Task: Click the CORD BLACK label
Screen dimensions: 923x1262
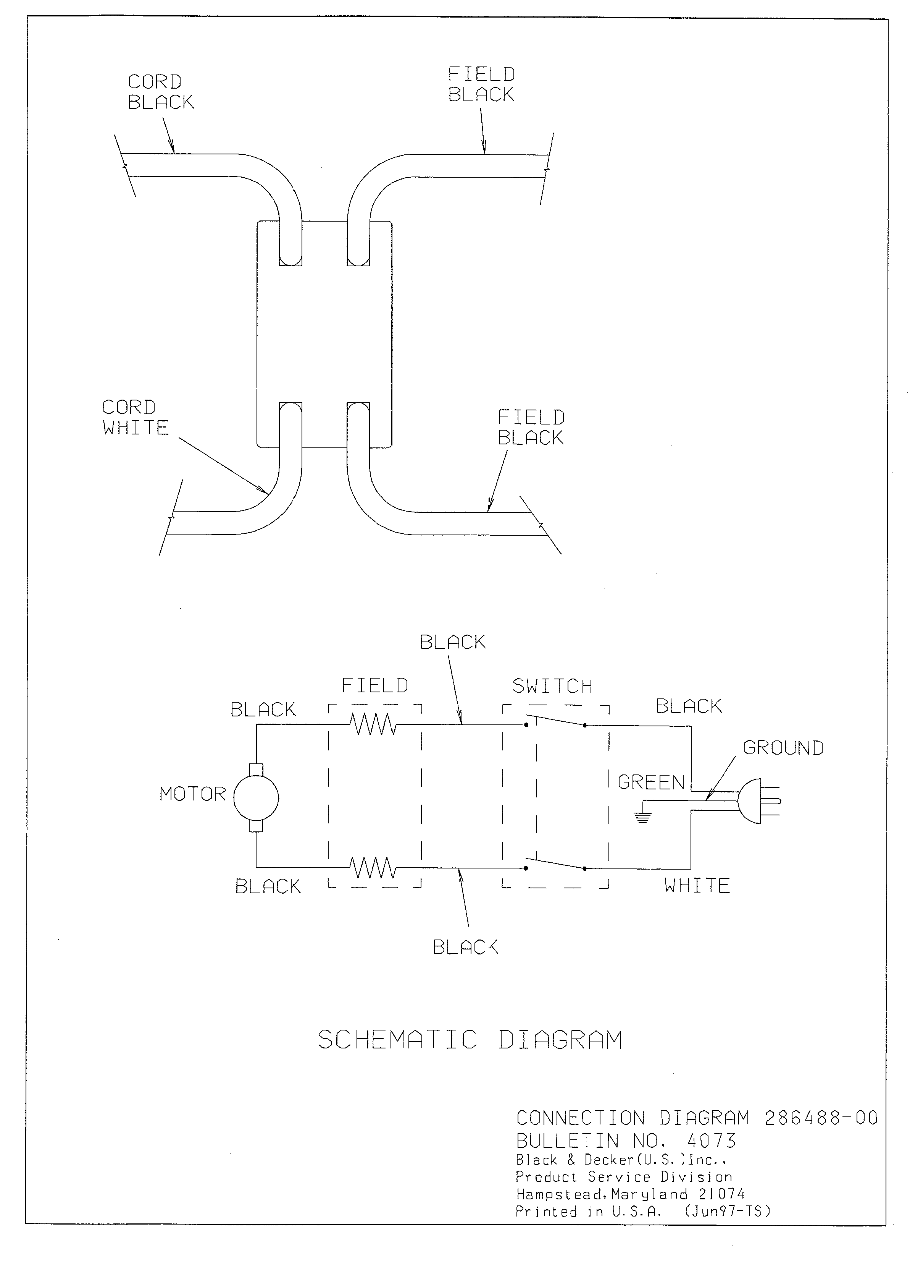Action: (161, 92)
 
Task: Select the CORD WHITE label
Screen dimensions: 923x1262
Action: (136, 418)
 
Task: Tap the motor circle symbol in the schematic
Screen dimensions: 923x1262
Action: (256, 798)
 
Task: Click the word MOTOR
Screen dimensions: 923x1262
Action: (193, 794)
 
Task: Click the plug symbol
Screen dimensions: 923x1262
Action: (759, 801)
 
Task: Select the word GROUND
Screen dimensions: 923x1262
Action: (783, 748)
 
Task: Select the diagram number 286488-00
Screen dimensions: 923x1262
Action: (821, 1118)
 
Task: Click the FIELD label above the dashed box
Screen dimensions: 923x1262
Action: (375, 685)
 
